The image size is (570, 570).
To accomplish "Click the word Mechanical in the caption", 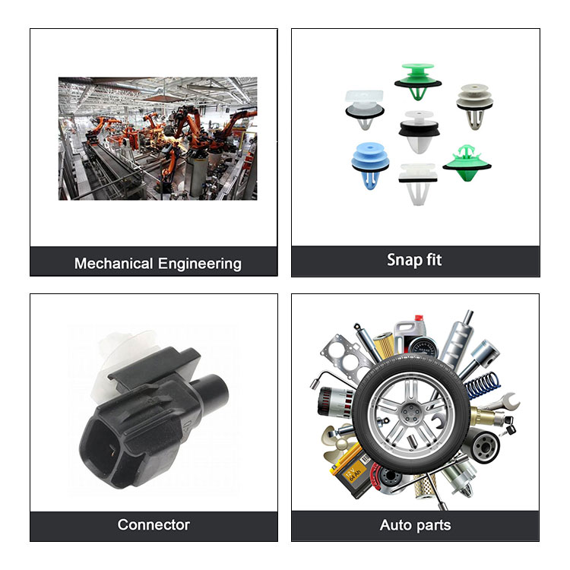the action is click(113, 264).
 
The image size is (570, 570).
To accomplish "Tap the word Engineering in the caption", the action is click(200, 264).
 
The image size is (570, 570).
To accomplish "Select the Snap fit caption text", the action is click(414, 260).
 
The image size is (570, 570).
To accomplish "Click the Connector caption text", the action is click(154, 524).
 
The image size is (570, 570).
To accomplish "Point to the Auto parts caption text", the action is click(415, 525).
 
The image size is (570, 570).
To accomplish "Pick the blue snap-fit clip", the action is click(370, 165).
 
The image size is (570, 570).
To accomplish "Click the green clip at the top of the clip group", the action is click(418, 81).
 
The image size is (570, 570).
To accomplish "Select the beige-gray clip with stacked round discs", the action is click(475, 106).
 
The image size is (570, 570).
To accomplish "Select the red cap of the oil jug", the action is click(419, 318).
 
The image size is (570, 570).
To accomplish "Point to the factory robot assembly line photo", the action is click(158, 138).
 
